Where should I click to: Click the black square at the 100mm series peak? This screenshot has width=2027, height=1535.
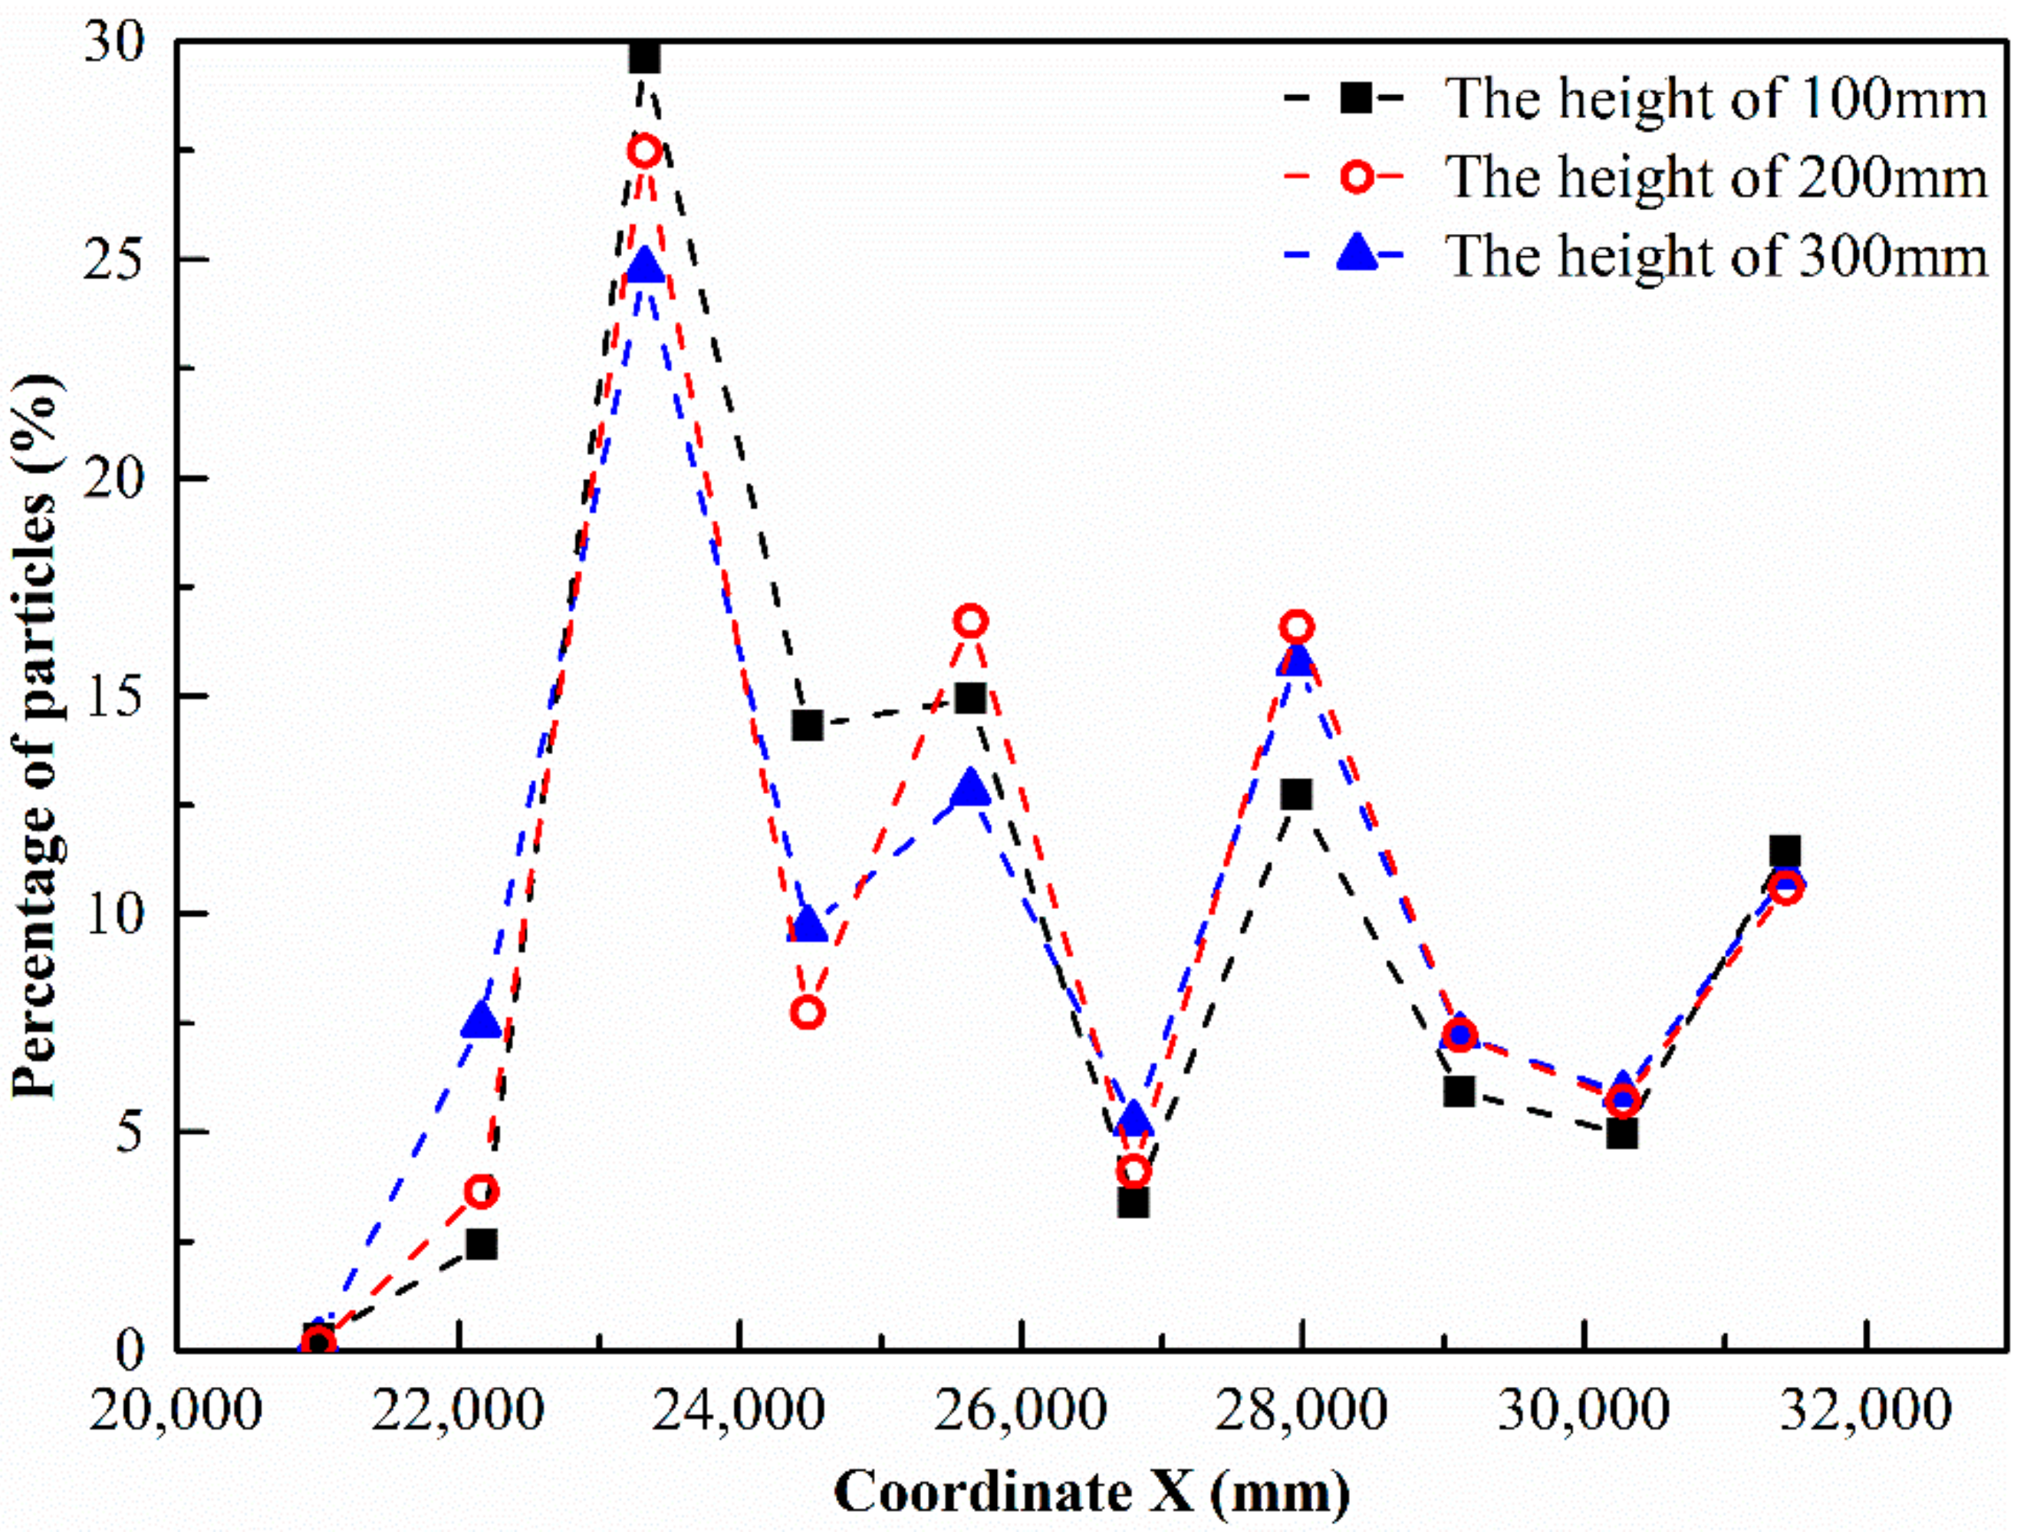[644, 58]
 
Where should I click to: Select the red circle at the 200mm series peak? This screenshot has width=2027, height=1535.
[644, 150]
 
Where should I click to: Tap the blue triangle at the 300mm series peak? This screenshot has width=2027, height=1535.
[644, 265]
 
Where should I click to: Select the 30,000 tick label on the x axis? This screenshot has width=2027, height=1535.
[1582, 1411]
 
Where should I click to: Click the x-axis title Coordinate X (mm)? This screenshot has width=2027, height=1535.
[1091, 1493]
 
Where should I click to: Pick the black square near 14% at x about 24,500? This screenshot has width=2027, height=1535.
[808, 725]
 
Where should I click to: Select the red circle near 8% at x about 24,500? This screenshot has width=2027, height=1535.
[808, 1013]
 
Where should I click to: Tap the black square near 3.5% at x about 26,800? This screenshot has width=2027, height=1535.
[1134, 1201]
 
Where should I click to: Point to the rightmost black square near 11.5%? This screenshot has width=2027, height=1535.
[1784, 851]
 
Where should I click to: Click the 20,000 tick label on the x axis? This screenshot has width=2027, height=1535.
[176, 1411]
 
